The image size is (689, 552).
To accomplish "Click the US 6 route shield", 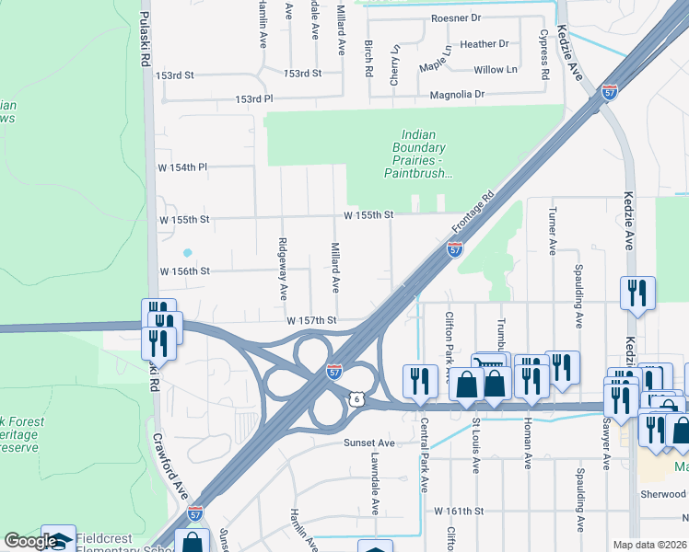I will (x=356, y=398).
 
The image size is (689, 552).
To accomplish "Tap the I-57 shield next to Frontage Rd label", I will (x=455, y=248).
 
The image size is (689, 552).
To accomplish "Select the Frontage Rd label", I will (x=473, y=212).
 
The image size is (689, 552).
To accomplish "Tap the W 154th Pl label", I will (x=183, y=167).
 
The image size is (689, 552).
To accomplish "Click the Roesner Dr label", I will (x=456, y=18).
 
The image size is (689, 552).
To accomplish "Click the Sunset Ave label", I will (x=369, y=443).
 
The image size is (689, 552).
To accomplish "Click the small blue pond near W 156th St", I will (x=187, y=252).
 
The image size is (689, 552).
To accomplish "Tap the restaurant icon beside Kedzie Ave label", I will (x=636, y=293).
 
